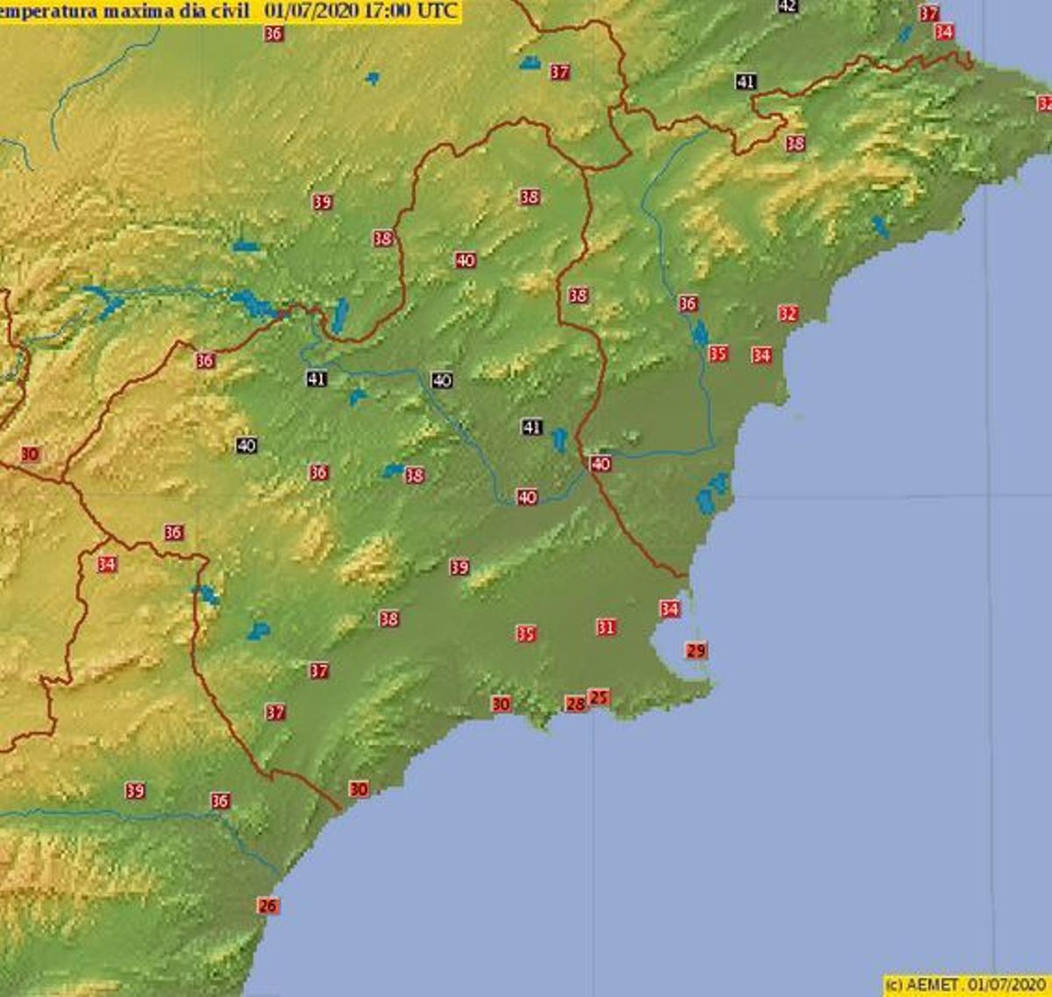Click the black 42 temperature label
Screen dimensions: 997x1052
tap(787, 5)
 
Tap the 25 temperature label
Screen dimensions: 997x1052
tap(599, 697)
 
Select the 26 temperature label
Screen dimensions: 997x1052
tap(268, 906)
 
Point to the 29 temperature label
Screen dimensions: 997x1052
tap(696, 651)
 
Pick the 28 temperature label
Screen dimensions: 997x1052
tap(575, 704)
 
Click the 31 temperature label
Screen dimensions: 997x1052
tap(606, 627)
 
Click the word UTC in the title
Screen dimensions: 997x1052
tap(439, 11)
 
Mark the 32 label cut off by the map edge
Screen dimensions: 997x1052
tap(1045, 103)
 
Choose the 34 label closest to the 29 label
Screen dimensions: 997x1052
tap(670, 609)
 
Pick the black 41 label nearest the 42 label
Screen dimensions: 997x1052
tap(745, 81)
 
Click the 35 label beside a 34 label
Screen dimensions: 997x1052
tap(718, 354)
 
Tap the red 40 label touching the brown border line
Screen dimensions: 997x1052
tap(601, 463)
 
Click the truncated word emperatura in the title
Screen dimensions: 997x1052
tap(48, 11)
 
